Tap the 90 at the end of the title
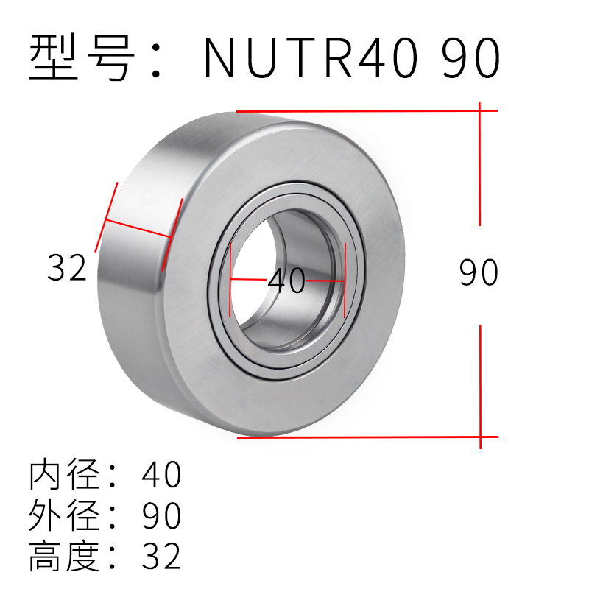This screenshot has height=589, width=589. (x=470, y=58)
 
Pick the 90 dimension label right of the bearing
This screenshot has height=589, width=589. (x=479, y=273)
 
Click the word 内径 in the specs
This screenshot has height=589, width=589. (x=63, y=476)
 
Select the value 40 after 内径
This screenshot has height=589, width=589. (x=161, y=476)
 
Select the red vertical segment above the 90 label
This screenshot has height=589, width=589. (x=480, y=166)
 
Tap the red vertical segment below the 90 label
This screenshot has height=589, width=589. (x=480, y=383)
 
